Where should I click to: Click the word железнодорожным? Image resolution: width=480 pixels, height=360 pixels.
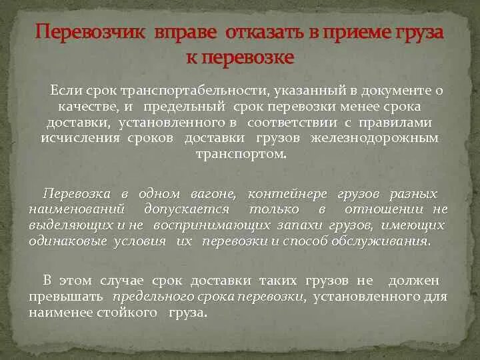[x=390, y=139]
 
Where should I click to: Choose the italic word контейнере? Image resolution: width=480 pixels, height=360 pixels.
[x=287, y=194]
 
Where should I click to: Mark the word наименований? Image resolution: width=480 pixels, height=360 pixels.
[x=73, y=210]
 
